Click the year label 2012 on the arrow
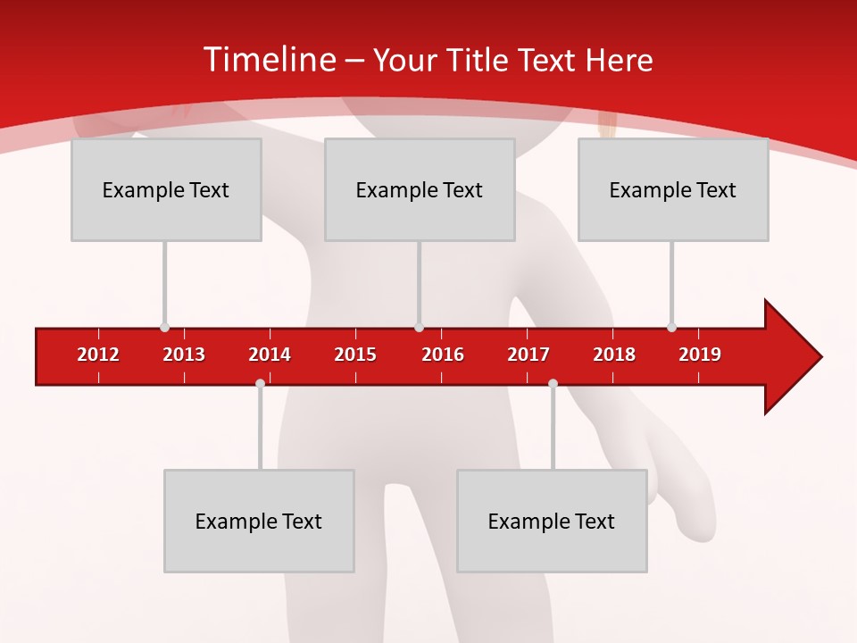coord(98,355)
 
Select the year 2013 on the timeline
coord(184,355)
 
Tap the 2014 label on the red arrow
coord(270,355)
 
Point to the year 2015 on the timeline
coord(355,355)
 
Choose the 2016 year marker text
coord(443,355)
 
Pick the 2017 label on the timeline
coord(528,355)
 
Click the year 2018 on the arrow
coord(614,355)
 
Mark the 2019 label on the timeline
coord(700,355)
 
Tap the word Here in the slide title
coord(619,60)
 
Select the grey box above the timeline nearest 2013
coord(166,189)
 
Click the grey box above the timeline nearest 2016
coord(420,189)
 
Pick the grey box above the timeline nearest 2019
coord(673,189)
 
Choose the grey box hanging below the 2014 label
coord(259,521)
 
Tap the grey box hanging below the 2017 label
coord(552,521)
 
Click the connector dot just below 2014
coord(260,383)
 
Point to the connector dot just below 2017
coord(553,383)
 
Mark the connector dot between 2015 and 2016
coord(419,327)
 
